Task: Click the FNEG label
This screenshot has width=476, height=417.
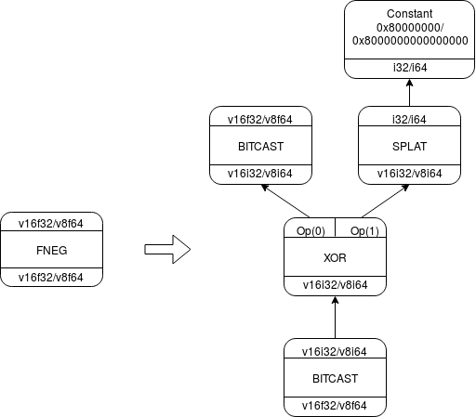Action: coord(52,250)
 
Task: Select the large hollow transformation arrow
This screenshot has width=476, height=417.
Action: coord(167,250)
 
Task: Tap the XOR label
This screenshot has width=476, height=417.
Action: coord(335,257)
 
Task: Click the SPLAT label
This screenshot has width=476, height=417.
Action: coord(409,146)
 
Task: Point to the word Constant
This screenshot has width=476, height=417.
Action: coord(410,14)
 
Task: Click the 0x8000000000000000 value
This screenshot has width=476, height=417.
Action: coord(410,41)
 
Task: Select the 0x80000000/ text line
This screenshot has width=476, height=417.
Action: coord(410,28)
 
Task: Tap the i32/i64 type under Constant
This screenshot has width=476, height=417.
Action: coord(410,68)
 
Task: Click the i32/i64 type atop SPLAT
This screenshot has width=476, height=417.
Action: coord(409,120)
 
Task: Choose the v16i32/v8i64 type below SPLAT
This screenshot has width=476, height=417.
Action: coord(409,174)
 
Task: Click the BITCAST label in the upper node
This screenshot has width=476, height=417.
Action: coord(260,146)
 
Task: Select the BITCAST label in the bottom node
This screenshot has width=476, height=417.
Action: coord(335,378)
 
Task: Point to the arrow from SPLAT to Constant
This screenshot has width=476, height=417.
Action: coord(410,93)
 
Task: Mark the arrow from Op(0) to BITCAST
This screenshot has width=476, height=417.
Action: coord(285,202)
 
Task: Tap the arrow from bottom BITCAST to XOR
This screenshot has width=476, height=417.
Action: coord(335,318)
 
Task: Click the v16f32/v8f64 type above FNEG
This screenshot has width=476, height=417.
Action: coord(51,224)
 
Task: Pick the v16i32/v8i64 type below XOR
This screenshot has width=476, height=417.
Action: coord(335,285)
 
